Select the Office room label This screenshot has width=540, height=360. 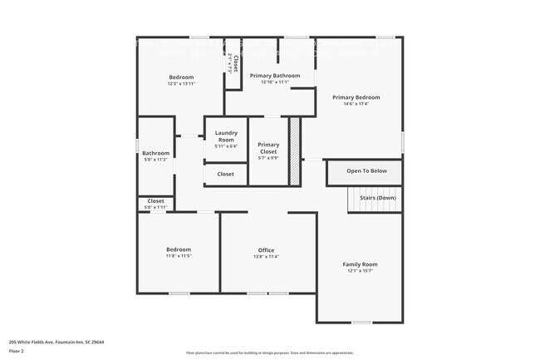(x=266, y=250)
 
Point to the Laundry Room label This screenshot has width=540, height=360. (x=226, y=136)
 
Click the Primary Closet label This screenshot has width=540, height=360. (x=268, y=148)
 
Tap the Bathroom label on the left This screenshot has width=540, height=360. (x=155, y=153)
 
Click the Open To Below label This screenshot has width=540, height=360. (x=366, y=170)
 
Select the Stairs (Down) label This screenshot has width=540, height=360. (x=377, y=198)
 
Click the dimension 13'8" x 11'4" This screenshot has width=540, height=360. (x=266, y=257)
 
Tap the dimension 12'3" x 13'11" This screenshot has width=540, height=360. (x=180, y=84)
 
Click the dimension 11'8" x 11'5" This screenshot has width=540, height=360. (x=179, y=256)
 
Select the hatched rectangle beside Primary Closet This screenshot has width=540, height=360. (x=294, y=150)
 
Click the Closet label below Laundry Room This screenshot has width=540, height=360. (x=225, y=175)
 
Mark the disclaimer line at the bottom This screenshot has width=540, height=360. (x=269, y=353)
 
